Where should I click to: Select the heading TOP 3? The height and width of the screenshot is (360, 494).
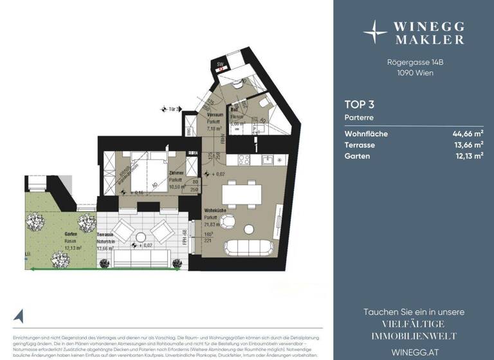pyautogui.click(x=359, y=104)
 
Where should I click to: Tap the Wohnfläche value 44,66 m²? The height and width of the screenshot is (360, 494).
pyautogui.click(x=468, y=134)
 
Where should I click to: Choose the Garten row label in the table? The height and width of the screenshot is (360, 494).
pyautogui.click(x=357, y=156)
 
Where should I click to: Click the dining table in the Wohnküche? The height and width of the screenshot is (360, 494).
pyautogui.click(x=242, y=192)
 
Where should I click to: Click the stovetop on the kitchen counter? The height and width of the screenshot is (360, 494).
pyautogui.click(x=244, y=159)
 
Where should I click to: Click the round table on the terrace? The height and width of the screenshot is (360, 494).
pyautogui.click(x=140, y=233)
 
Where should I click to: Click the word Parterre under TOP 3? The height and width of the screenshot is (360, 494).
pyautogui.click(x=359, y=118)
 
